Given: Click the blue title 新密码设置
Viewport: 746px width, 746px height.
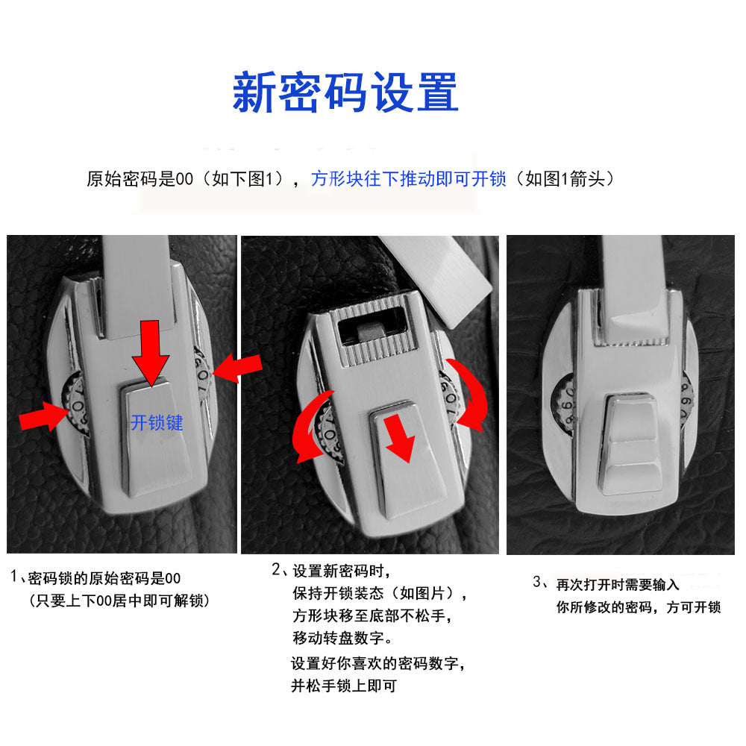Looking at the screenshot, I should coord(345,93).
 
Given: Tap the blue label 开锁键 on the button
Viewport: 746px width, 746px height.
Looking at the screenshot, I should coord(157,423).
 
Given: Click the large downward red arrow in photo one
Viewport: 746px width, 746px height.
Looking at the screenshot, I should coord(151,353).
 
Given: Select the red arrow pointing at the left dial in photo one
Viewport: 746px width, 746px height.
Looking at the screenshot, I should coord(43,416).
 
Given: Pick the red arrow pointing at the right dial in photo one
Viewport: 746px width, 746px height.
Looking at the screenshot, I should coord(237,369).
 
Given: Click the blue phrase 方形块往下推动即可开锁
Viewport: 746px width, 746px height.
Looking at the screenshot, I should coord(409,179).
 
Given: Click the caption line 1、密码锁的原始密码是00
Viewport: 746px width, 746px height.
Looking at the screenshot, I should coord(95,578).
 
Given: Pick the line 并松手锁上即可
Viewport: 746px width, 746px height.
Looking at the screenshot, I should coord(343,686).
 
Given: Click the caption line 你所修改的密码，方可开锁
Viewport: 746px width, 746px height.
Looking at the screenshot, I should coord(639,607).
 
